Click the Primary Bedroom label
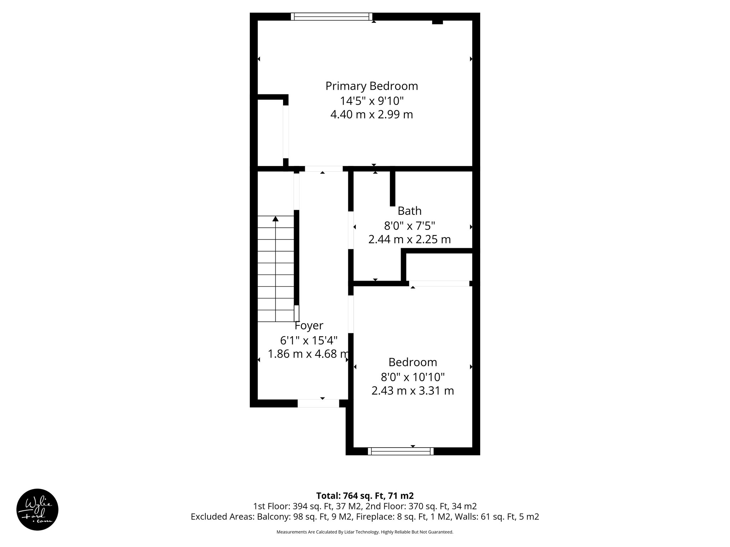tap(371, 86)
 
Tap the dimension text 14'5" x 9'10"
tap(371, 101)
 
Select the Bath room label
tap(410, 211)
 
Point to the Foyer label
tap(309, 325)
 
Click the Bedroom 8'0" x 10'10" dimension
tap(412, 377)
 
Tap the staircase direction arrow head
tap(275, 219)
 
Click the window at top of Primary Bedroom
tap(331, 16)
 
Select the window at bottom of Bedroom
tap(401, 451)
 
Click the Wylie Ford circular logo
tap(37, 510)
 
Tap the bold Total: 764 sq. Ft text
tap(365, 496)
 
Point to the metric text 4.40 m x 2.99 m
tap(371, 115)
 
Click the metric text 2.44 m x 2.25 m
tap(410, 239)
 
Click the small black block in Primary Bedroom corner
tap(437, 22)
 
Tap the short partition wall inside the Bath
tap(392, 189)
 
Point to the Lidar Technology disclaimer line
tap(365, 532)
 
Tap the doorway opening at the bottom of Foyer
tap(318, 403)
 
